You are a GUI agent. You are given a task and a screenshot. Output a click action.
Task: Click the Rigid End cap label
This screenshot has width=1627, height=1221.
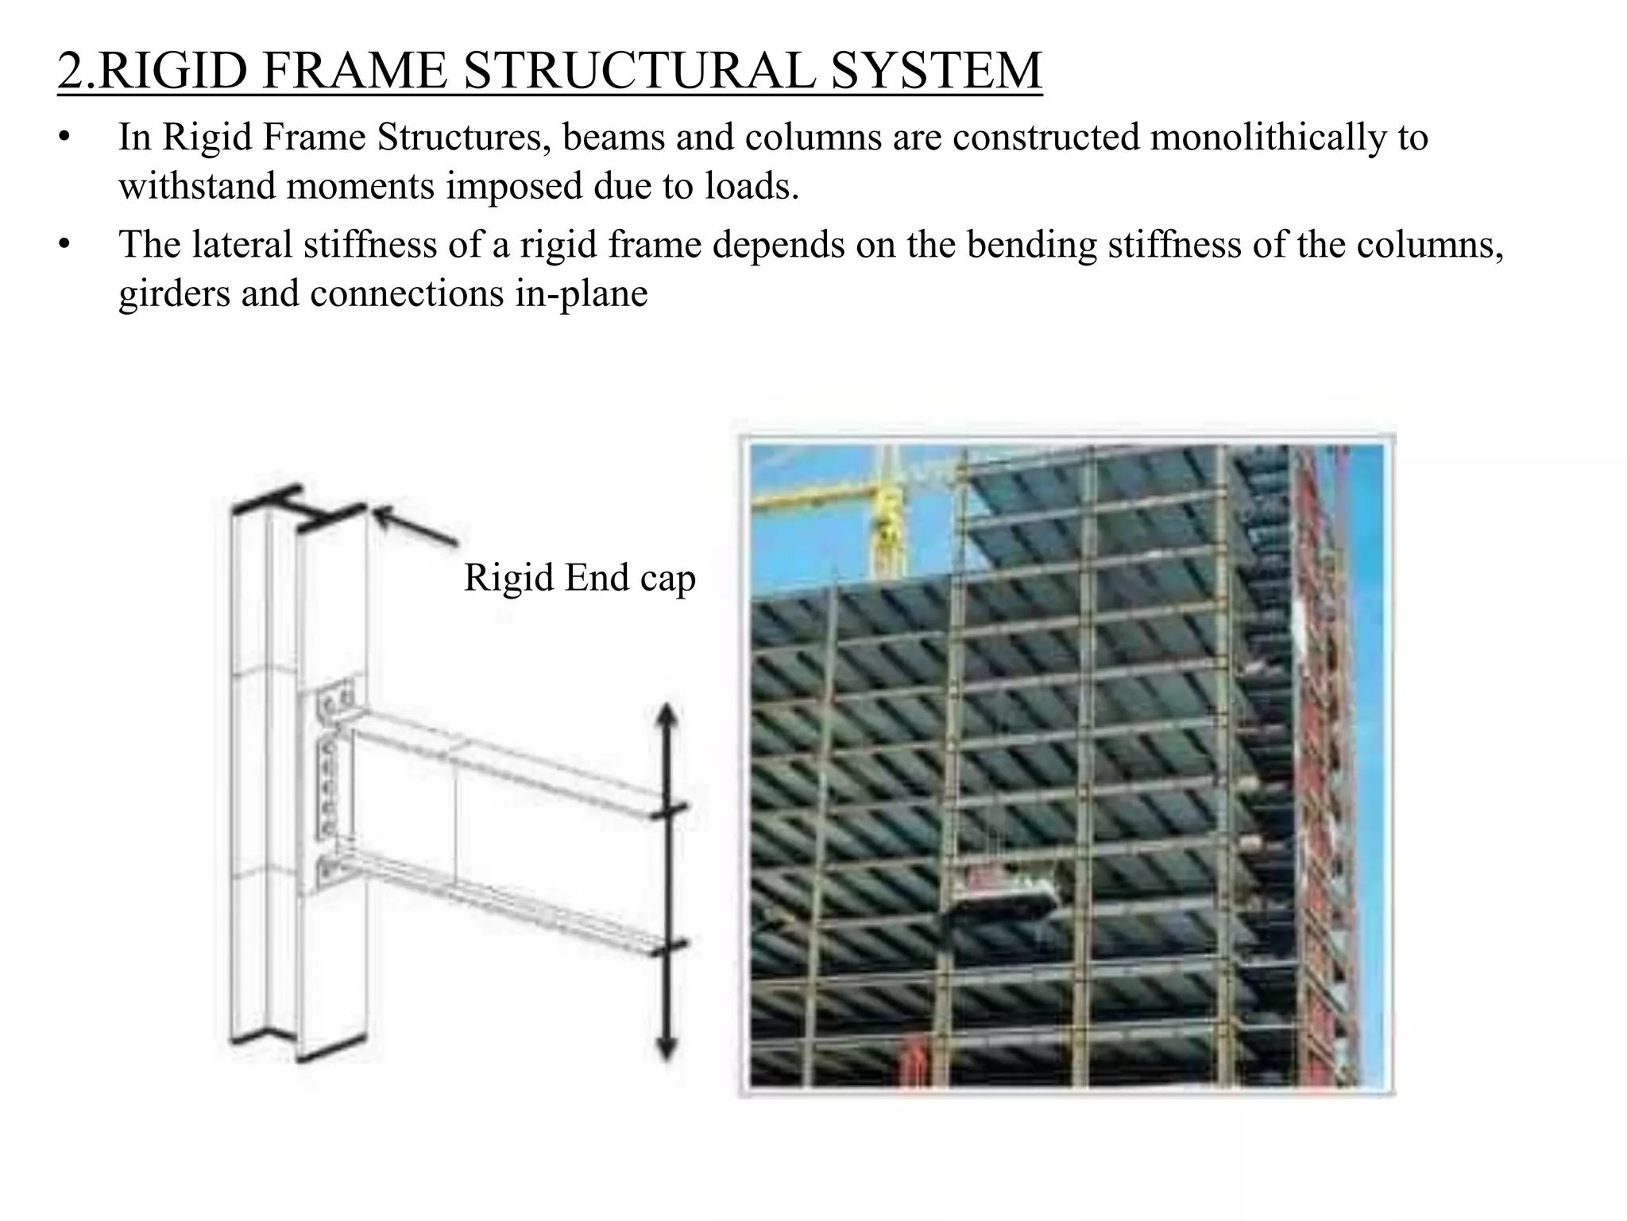tap(579, 578)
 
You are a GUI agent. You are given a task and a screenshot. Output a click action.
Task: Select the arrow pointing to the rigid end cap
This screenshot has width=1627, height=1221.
tap(415, 526)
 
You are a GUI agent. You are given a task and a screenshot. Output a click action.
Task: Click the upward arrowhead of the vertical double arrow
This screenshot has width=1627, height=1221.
tap(667, 715)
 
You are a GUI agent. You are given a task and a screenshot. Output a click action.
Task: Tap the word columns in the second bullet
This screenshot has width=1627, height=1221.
tap(1429, 244)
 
